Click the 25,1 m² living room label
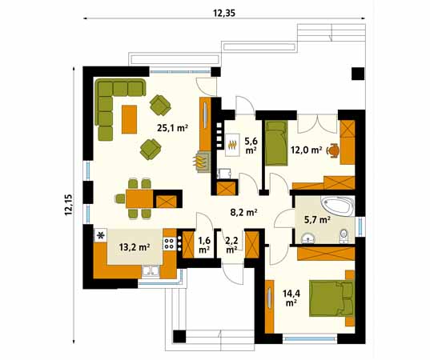point(172,128)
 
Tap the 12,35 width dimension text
point(224,13)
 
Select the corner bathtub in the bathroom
point(337,206)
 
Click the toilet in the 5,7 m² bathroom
point(344,236)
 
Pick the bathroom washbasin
point(309,238)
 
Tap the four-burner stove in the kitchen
point(170,243)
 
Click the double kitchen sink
point(151,271)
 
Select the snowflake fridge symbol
point(101,235)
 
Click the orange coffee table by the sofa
point(130,119)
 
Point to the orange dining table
point(139,199)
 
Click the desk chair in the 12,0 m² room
point(333,150)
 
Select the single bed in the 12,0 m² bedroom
point(276,143)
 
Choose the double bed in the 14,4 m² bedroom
point(331,298)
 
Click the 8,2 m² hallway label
point(243,212)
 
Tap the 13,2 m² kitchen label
point(135,247)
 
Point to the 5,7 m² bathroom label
point(317,219)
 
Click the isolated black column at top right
point(358,74)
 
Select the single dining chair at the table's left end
point(120,198)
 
